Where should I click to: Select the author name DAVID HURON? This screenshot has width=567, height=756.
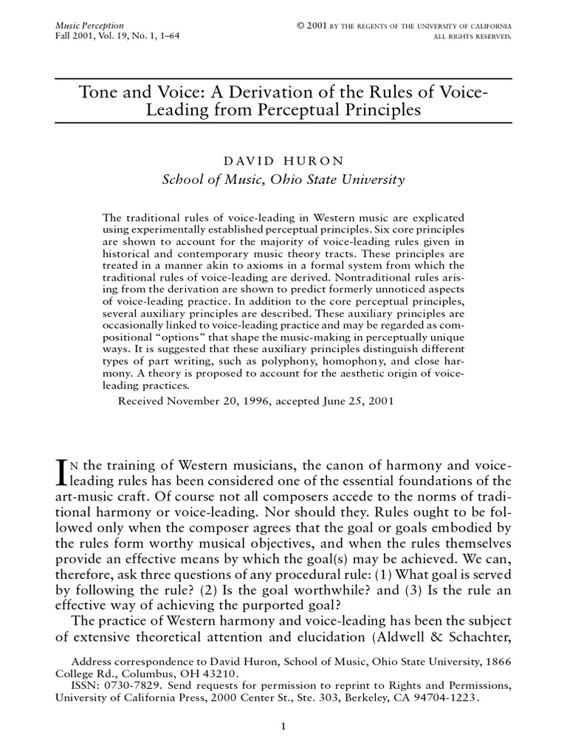tap(283, 159)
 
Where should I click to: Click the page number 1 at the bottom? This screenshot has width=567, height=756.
tap(283, 728)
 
